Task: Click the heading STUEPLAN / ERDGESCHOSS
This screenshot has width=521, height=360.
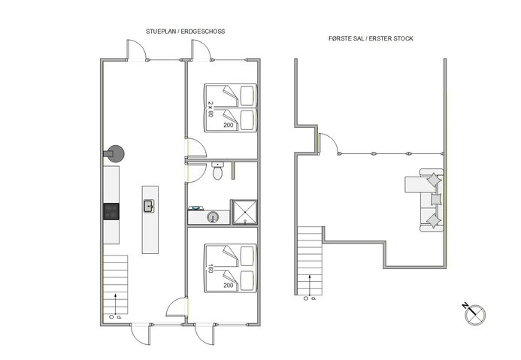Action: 186,32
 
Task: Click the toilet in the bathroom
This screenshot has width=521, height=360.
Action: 218,172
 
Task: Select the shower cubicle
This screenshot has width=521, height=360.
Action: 244,212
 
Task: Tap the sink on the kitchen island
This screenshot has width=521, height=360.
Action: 148,205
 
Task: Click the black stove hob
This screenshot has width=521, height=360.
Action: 111,211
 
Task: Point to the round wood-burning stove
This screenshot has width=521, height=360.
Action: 115,153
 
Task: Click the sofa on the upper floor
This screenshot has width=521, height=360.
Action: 426,201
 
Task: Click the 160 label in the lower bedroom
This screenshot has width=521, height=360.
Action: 211,266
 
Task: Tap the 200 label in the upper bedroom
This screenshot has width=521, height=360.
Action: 229,126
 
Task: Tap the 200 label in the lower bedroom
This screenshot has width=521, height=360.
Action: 229,286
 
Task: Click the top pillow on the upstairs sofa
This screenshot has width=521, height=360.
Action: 434,180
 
